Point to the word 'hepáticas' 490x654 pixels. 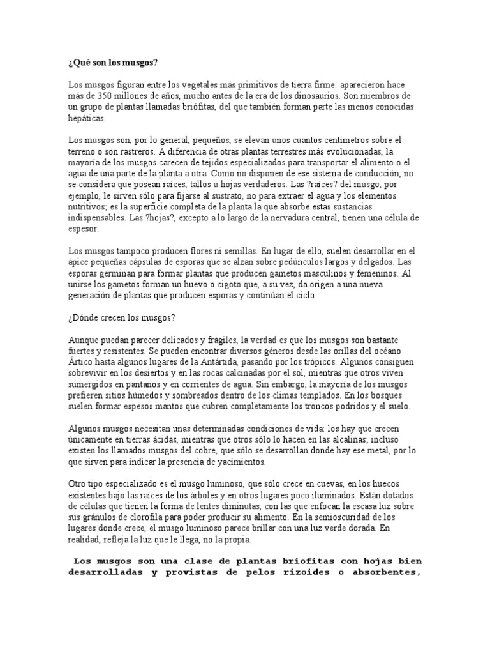tap(87, 118)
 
